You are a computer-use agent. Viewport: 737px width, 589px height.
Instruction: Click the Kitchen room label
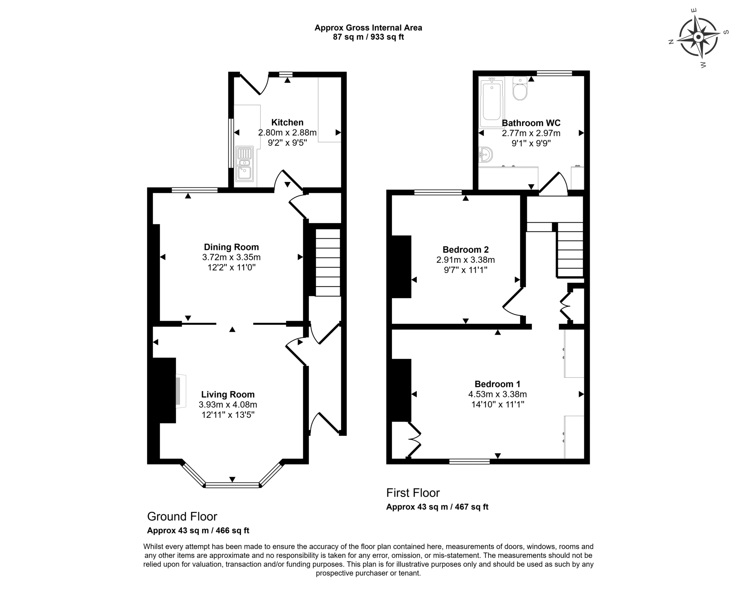pos(287,122)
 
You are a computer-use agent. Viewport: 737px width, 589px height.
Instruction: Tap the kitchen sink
pos(245,164)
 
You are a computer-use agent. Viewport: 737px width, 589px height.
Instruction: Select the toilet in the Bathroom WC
pos(520,88)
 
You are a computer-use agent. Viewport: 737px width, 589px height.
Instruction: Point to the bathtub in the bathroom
pos(492,102)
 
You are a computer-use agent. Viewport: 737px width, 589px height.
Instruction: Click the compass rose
pos(698,37)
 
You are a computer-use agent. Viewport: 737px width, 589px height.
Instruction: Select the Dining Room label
pos(231,247)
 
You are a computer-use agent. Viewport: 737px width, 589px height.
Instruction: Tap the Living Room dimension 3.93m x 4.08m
pos(228,405)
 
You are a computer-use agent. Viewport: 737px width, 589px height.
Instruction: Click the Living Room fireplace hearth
pos(181,391)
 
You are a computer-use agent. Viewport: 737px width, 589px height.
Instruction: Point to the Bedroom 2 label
pos(466,250)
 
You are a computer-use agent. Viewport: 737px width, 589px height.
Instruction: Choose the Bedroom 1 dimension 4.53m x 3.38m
pos(497,394)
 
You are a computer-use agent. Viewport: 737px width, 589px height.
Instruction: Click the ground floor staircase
pos(328,262)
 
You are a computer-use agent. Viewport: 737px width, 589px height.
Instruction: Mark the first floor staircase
pos(570,250)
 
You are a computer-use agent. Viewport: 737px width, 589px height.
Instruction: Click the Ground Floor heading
pos(182,517)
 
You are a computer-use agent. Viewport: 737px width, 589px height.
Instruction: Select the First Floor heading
pos(413,493)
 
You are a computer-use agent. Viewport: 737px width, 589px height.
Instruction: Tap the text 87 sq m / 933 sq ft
pos(368,37)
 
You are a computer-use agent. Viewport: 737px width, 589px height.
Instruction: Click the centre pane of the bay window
pos(232,485)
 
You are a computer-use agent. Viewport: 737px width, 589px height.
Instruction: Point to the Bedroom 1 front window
pos(469,461)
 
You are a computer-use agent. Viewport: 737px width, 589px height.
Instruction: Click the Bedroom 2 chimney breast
pos(401,267)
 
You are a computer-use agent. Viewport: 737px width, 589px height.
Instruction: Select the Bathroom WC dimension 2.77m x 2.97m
pos(531,133)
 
